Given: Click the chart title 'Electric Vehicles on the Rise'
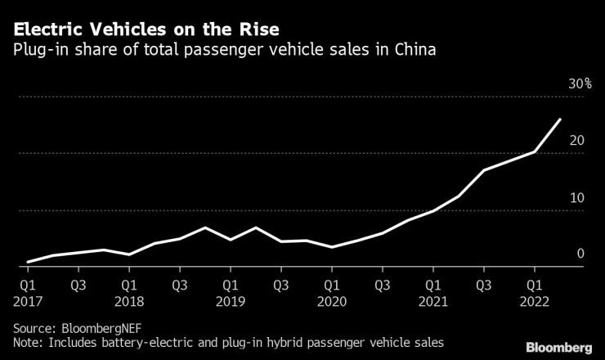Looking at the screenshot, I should tap(144, 30).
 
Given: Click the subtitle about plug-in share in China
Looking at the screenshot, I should tap(222, 51).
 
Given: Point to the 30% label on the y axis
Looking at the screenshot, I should tap(580, 84).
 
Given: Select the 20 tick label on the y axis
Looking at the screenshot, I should tap(577, 141).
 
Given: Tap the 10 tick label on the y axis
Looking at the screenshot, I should tap(577, 198).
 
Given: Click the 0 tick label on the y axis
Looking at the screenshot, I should tap(580, 254).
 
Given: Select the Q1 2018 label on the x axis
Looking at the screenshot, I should tap(128, 293).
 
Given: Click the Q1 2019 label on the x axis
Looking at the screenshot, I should tap(230, 293).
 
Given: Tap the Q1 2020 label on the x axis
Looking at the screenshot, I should tap(331, 293).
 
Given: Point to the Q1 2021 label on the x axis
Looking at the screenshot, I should tap(432, 293).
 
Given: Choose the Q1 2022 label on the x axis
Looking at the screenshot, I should tap(535, 293).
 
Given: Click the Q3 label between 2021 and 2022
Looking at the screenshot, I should tap(484, 286).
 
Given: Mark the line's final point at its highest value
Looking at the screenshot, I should tap(560, 119).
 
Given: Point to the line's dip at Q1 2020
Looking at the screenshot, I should tap(331, 247).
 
